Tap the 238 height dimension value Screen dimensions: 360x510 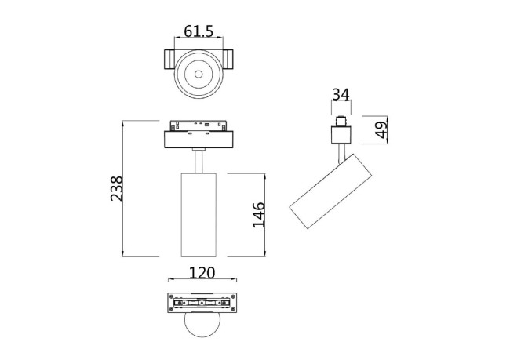pos(117,188)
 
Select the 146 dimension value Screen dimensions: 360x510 pos(259,214)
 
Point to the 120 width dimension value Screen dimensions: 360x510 pos(203,273)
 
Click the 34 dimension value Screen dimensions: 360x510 pos(341,95)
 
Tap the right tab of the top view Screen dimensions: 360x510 pos(229,60)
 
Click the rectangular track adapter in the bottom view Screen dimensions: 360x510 pos(202,303)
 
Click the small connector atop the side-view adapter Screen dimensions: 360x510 pos(341,122)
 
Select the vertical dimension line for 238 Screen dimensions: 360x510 pos(124,188)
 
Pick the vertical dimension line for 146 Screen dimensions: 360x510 pos(264,213)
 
